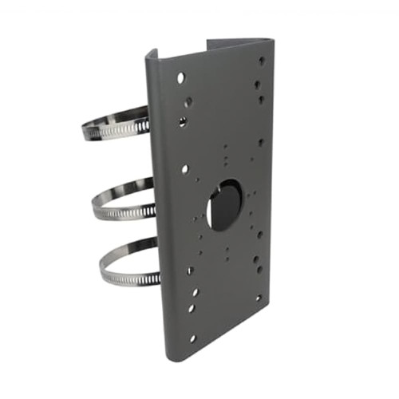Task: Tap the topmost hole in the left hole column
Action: (181, 77)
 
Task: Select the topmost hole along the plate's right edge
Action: (262, 60)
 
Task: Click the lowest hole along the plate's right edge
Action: (258, 298)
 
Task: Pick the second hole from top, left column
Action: (186, 101)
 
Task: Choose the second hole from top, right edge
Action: (259, 83)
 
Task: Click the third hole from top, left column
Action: (183, 121)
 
